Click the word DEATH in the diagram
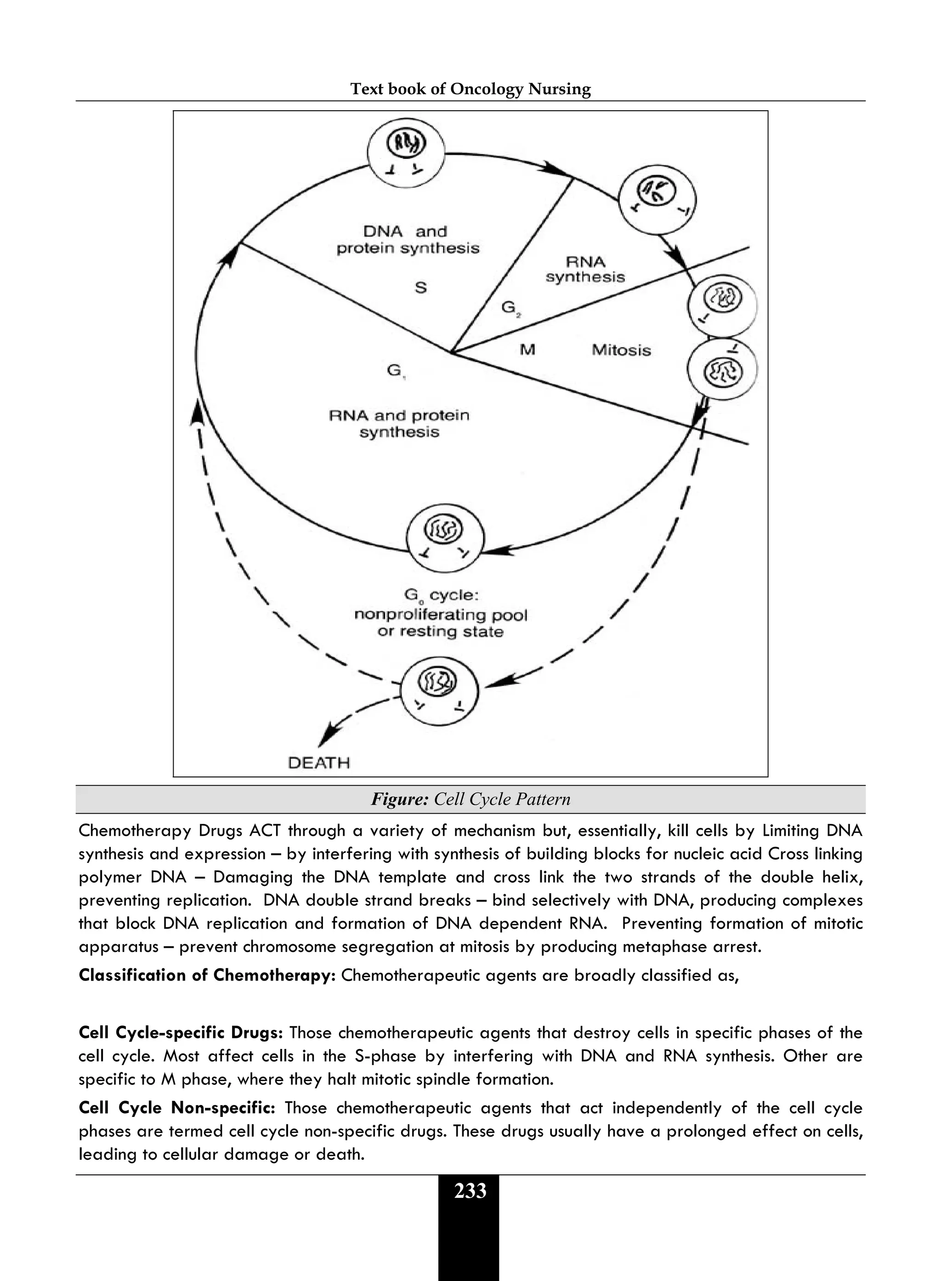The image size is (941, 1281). pyautogui.click(x=319, y=763)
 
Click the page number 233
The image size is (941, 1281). pyautogui.click(x=470, y=1191)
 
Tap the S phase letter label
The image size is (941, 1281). pyautogui.click(x=420, y=288)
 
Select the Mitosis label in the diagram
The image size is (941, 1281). pyautogui.click(x=621, y=350)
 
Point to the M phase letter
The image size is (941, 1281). pyautogui.click(x=527, y=350)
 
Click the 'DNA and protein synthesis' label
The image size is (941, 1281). pyautogui.click(x=408, y=240)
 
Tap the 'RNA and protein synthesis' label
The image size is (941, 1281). pyautogui.click(x=399, y=423)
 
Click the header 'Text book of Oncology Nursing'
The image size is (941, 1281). pyautogui.click(x=470, y=89)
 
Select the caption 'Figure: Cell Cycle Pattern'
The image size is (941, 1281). pyautogui.click(x=470, y=799)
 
